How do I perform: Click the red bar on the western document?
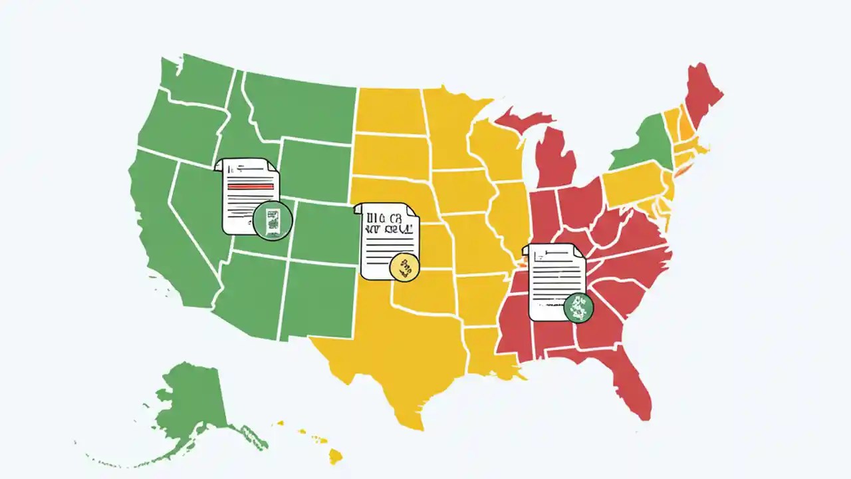251,187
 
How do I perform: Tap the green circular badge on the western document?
273,219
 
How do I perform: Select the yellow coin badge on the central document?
404,267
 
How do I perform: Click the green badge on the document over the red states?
578,307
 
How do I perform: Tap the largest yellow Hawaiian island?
336,456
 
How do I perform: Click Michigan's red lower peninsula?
555,160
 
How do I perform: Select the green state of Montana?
299,106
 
